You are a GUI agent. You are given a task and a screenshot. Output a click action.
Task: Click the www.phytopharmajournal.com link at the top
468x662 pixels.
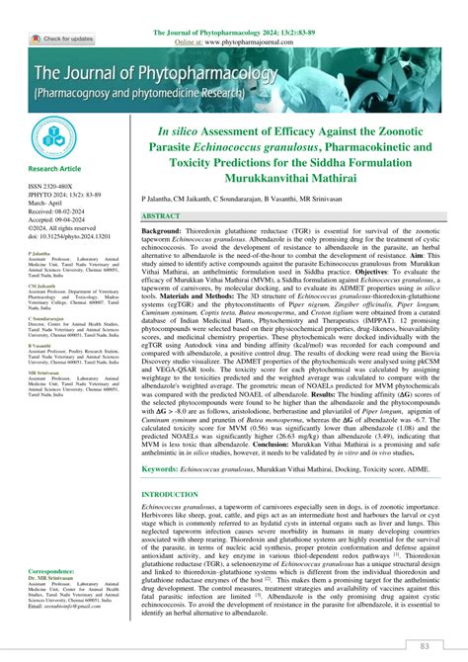278,15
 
